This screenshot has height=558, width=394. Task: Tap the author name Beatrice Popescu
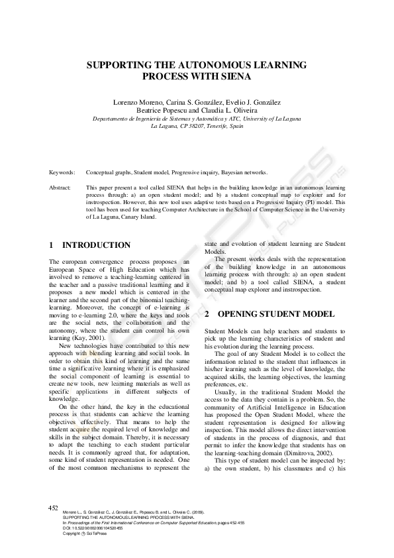pos(172,111)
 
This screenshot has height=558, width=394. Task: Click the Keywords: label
pos(62,172)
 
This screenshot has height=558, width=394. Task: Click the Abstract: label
pos(60,189)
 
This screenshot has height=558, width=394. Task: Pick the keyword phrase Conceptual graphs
pos(109,172)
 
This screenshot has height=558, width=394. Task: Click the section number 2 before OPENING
pos(207,313)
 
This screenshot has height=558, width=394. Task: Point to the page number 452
pos(54,508)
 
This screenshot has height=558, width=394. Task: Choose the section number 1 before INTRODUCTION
pos(52,245)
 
